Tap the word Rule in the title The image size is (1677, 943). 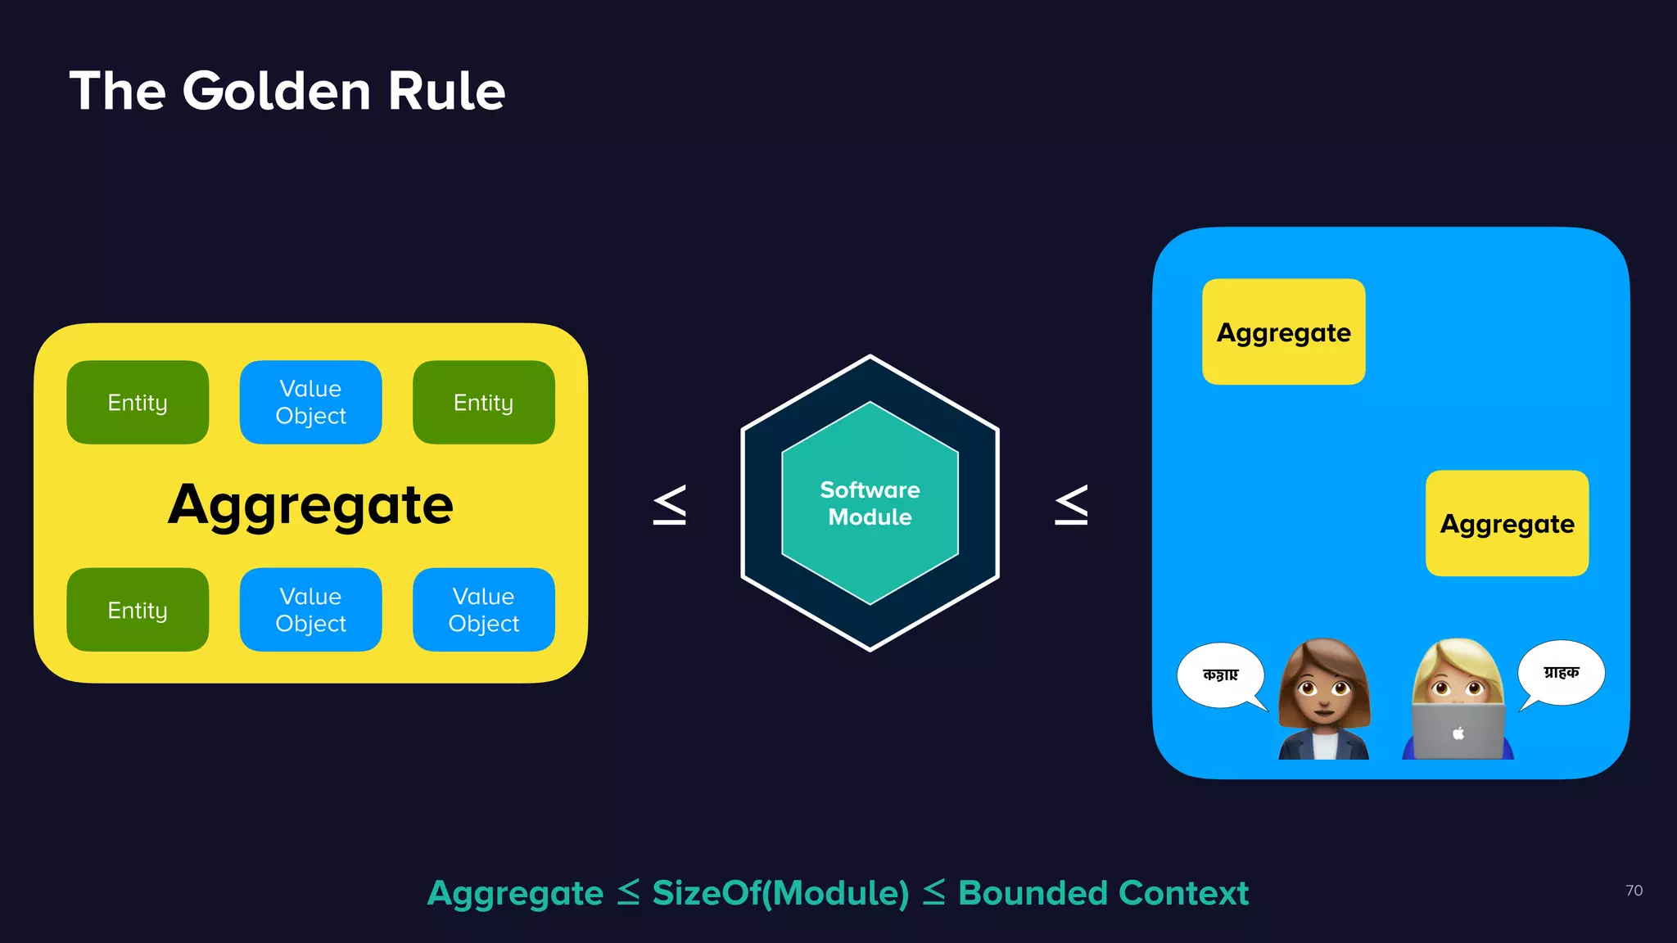point(446,91)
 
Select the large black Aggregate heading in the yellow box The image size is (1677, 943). point(310,504)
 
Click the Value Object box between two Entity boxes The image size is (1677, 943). point(310,402)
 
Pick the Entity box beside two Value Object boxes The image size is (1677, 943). point(138,610)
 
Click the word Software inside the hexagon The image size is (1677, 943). point(870,490)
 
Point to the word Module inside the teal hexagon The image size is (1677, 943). point(870,517)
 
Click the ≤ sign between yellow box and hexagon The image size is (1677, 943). point(669,505)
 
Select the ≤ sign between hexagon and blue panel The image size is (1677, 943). point(1071,505)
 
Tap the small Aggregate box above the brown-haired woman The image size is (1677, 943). point(1283,332)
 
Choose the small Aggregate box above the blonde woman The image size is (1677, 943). point(1507,524)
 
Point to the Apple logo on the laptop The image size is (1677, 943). point(1458,733)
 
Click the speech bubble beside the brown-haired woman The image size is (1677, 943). point(1220,675)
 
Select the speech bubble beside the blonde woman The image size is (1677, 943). point(1561,673)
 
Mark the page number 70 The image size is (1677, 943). point(1634,891)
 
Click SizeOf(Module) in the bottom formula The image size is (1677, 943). point(780,893)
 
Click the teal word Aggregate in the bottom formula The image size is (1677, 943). point(515,893)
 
